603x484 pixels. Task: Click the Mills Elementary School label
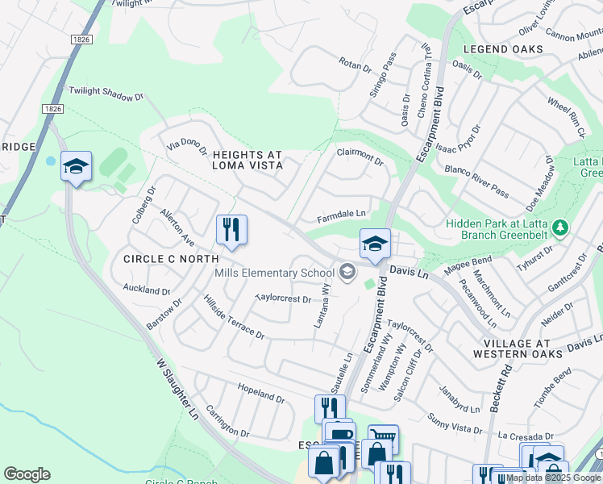[274, 273]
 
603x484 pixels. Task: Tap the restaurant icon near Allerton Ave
[231, 230]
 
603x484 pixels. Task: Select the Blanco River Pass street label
[476, 181]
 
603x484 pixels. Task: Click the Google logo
[27, 474]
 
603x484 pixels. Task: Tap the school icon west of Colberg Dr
[77, 167]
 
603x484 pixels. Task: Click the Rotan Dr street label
[355, 63]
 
